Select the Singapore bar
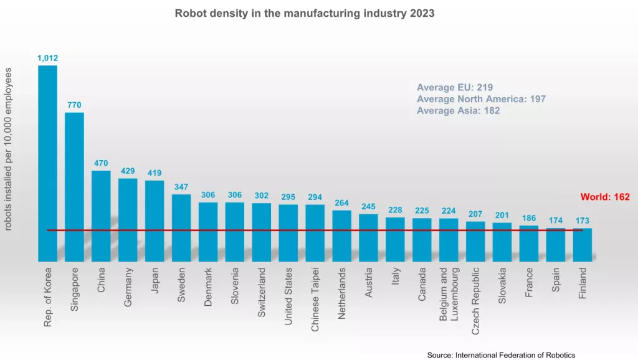pyautogui.click(x=75, y=187)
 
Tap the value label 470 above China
pyautogui.click(x=101, y=163)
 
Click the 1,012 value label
pyautogui.click(x=48, y=58)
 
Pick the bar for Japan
pyautogui.click(x=155, y=220)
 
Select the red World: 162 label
pyautogui.click(x=605, y=197)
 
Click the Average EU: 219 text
pyautogui.click(x=455, y=88)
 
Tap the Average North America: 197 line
pyautogui.click(x=481, y=99)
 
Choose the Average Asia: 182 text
pyautogui.click(x=458, y=110)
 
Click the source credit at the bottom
pyautogui.click(x=501, y=354)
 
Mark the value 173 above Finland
pyautogui.click(x=583, y=221)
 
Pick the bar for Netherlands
pyautogui.click(x=341, y=235)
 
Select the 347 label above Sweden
pyautogui.click(x=181, y=187)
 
